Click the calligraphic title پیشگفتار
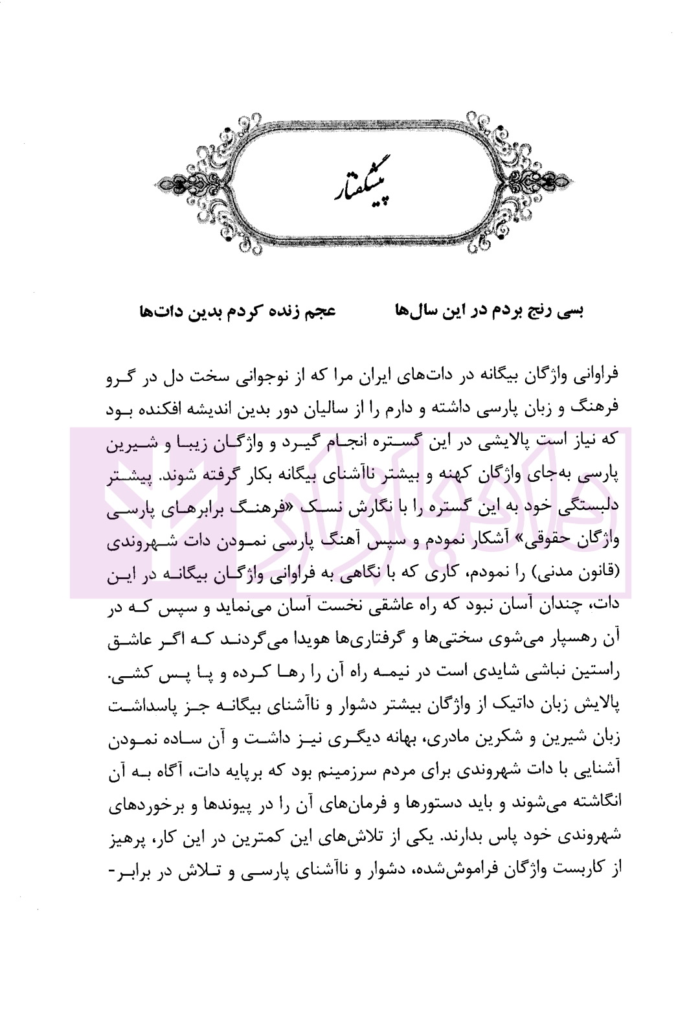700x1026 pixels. [350, 187]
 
